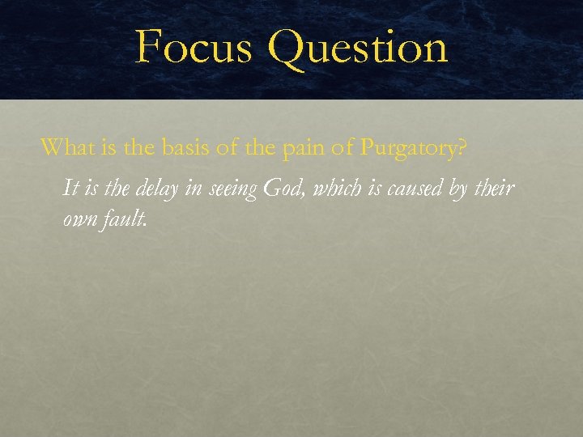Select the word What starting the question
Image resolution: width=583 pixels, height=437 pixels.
click(x=64, y=147)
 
